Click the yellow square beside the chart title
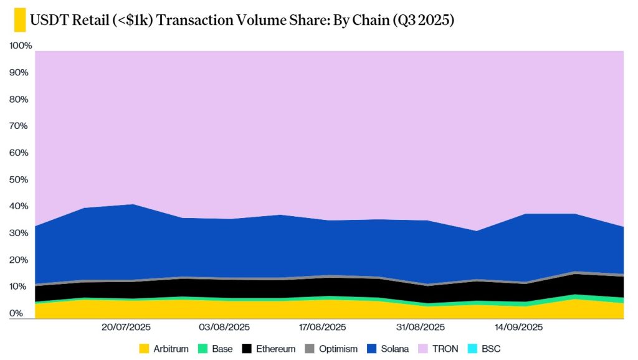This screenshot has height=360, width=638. [19, 20]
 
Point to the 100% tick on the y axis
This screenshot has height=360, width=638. [21, 46]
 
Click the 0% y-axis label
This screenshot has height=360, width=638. [17, 313]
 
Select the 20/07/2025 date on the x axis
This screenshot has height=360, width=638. [126, 327]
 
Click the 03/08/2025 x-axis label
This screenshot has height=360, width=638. [224, 327]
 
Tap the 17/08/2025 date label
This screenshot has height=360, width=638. [322, 327]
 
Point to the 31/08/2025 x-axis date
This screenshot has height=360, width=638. [421, 327]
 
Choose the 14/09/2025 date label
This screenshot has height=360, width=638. [518, 327]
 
